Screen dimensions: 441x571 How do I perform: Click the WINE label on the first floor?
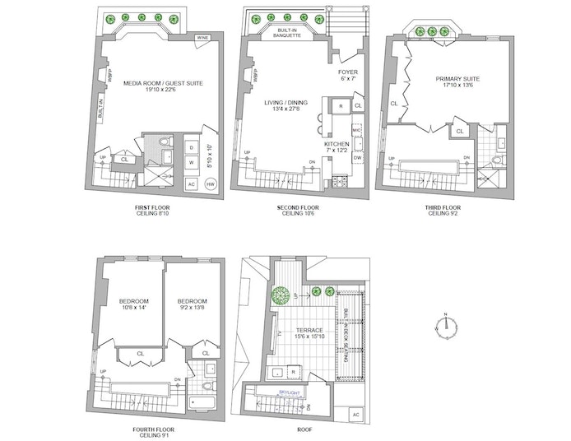(x=202, y=39)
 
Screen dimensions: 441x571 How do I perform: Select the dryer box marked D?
(x=192, y=147)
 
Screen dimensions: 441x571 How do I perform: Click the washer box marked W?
(x=192, y=163)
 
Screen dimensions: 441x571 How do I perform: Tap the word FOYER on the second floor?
(x=348, y=72)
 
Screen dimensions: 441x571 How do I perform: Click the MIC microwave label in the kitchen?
(x=357, y=130)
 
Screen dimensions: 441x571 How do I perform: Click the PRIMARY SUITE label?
(x=458, y=79)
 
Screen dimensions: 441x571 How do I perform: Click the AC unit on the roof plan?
(x=355, y=416)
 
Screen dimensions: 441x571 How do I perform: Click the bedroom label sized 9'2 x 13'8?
(x=191, y=305)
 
